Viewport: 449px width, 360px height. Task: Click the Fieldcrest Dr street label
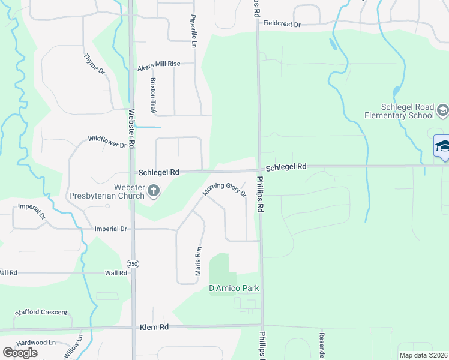(282, 25)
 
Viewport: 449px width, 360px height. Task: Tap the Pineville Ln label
(193, 31)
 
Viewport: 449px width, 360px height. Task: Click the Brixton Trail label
(154, 95)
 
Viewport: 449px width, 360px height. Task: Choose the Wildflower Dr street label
(107, 142)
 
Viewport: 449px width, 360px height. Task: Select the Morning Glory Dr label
(224, 190)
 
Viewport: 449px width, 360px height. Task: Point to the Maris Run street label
(197, 261)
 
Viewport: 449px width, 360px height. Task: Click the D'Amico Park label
(234, 289)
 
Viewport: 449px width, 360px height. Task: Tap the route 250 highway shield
(133, 263)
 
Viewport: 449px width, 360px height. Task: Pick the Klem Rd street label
(154, 328)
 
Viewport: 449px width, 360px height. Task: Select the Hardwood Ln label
(36, 342)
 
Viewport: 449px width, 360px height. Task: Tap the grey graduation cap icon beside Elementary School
(442, 110)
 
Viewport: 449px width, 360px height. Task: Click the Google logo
(20, 352)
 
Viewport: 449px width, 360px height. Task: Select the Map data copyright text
(424, 355)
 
